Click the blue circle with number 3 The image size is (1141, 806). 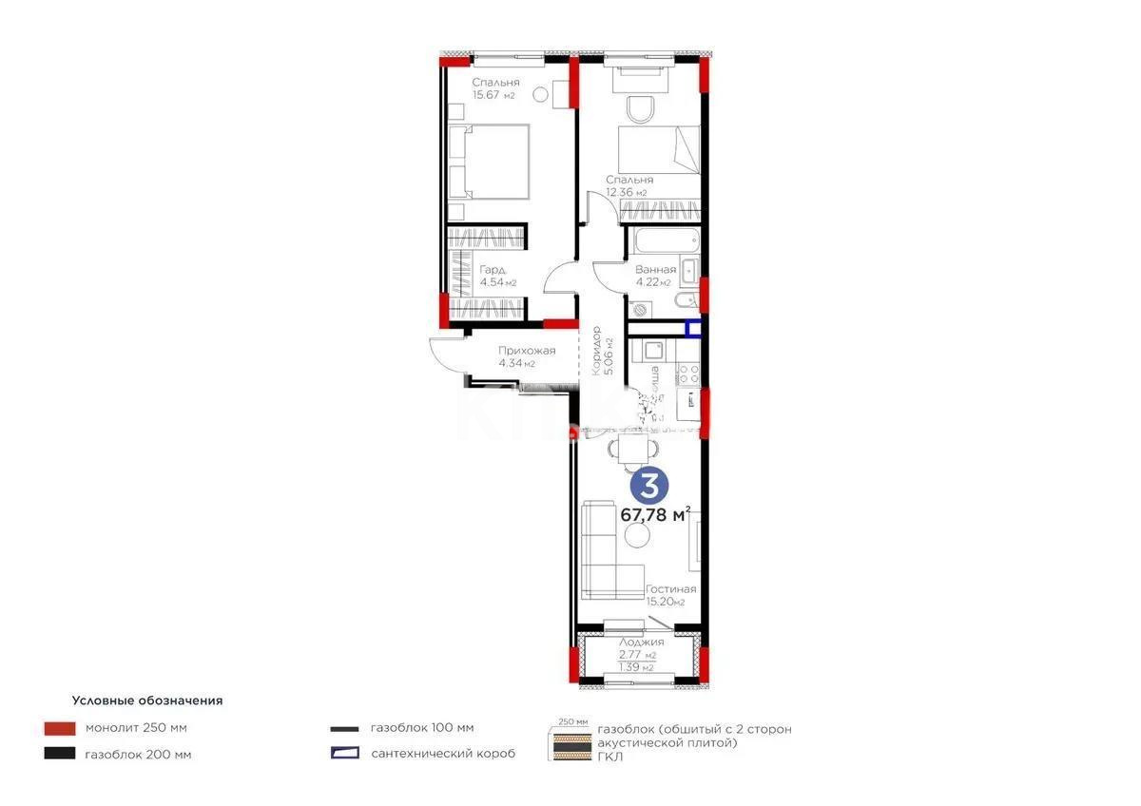pyautogui.click(x=650, y=486)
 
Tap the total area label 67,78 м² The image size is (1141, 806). pyautogui.click(x=655, y=514)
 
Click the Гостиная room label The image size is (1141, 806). pyautogui.click(x=670, y=589)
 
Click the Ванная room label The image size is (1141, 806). pyautogui.click(x=655, y=270)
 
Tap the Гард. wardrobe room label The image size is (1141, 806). pyautogui.click(x=493, y=269)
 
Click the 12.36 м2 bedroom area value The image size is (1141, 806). pyautogui.click(x=627, y=193)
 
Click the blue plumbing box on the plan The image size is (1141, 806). pyautogui.click(x=694, y=330)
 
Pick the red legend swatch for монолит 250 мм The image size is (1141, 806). pyautogui.click(x=59, y=729)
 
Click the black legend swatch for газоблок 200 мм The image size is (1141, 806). pyautogui.click(x=59, y=755)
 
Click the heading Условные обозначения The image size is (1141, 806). pyautogui.click(x=147, y=700)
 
